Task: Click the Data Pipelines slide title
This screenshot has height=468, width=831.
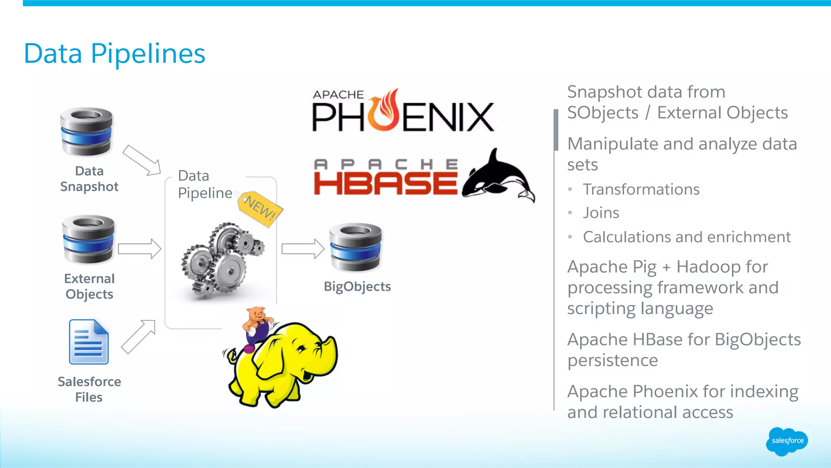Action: (x=114, y=54)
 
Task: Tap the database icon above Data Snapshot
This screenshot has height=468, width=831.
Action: (x=86, y=131)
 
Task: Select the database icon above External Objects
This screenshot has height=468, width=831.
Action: (x=88, y=239)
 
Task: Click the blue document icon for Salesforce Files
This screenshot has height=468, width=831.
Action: (x=89, y=342)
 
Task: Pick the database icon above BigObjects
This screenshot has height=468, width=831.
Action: (x=355, y=247)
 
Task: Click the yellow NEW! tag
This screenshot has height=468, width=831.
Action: (x=260, y=208)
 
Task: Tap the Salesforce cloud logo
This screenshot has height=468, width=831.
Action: (x=787, y=441)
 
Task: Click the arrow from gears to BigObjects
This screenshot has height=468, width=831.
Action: (x=303, y=248)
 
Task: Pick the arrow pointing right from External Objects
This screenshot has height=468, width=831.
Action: (x=140, y=248)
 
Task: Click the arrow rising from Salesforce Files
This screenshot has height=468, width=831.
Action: (x=138, y=336)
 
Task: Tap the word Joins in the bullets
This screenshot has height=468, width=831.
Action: (x=601, y=213)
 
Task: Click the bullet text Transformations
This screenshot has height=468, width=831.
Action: (x=641, y=189)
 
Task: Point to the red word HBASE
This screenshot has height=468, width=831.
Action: (x=385, y=183)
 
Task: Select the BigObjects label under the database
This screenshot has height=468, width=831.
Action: (x=357, y=287)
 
